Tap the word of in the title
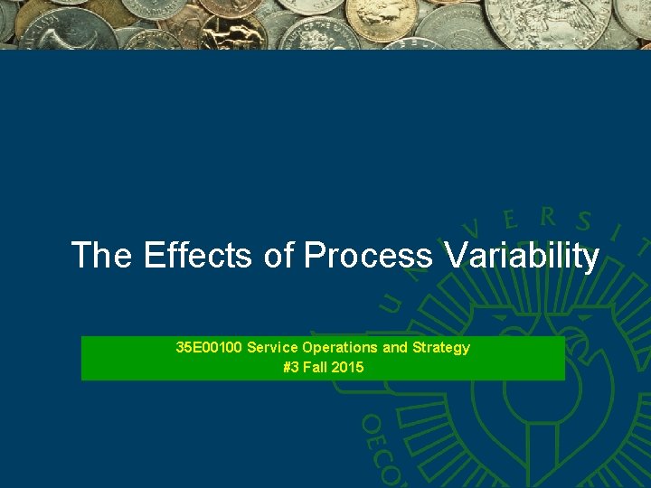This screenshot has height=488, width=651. [279, 256]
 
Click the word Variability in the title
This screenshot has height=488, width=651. [522, 257]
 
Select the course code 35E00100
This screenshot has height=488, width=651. [209, 347]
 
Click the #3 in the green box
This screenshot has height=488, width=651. [291, 367]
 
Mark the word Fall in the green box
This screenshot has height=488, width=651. [316, 367]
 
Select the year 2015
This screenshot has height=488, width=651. [348, 367]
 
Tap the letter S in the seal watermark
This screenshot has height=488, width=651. [584, 221]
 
